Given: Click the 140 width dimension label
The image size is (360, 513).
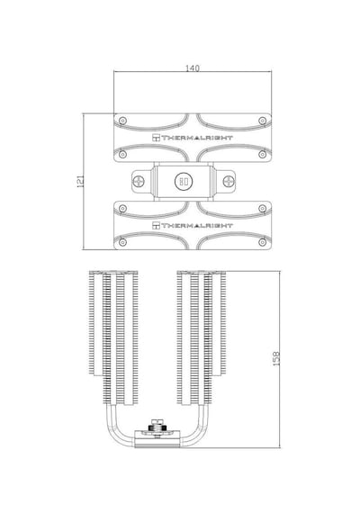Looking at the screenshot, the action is point(192,68).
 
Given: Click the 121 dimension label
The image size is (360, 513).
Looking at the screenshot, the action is point(80,181).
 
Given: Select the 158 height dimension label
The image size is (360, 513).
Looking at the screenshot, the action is point(276,358).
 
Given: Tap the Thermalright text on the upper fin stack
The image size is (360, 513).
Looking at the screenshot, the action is point(197,138).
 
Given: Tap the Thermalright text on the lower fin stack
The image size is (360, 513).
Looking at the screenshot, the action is point(197,225).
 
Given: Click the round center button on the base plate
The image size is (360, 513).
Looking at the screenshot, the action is point(184,181).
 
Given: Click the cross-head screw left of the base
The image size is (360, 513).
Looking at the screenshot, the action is point(139,181).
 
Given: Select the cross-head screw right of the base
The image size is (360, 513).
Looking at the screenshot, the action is point(229,181).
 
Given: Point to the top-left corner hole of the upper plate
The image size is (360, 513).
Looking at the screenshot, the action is point(122,121).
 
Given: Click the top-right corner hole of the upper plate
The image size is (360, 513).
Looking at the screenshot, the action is point(262,121).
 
